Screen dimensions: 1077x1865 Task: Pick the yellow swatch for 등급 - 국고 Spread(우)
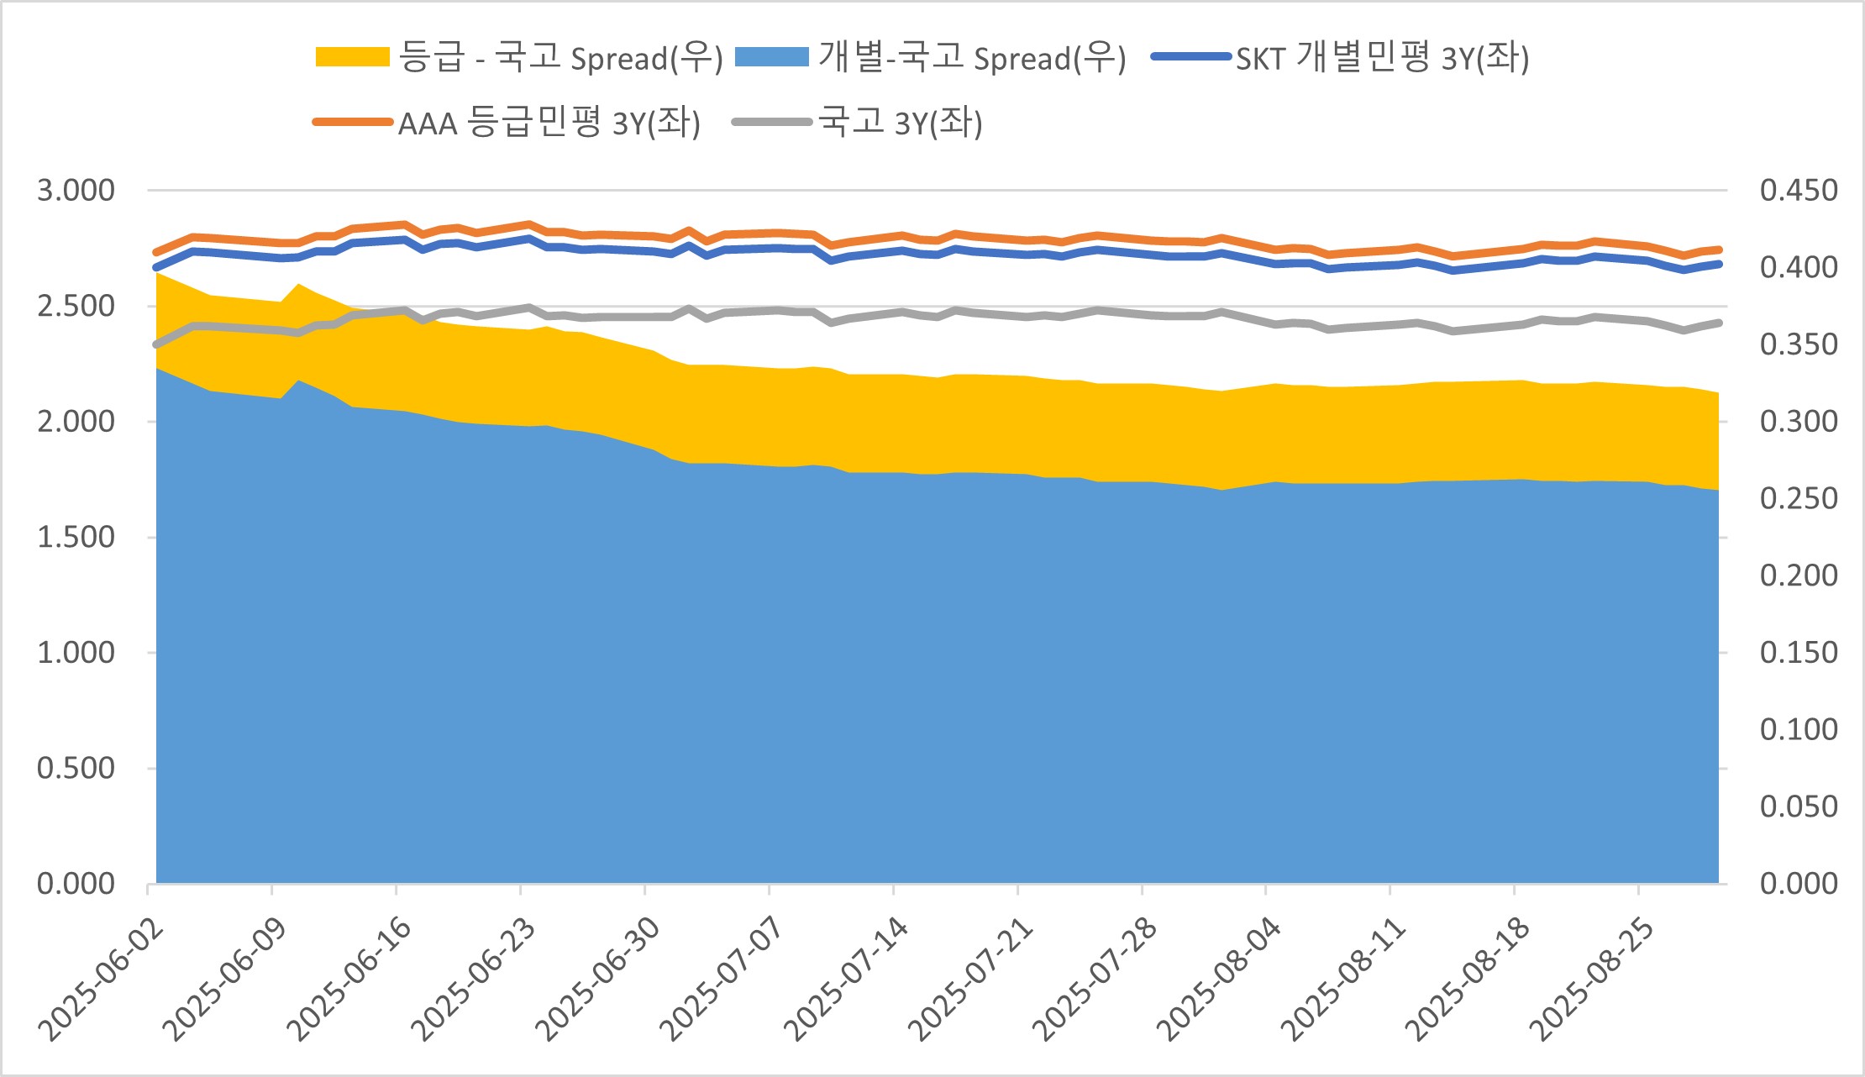click(x=352, y=57)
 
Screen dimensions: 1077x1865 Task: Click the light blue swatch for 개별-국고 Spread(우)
click(x=771, y=57)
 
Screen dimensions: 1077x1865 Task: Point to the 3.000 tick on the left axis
click(x=76, y=190)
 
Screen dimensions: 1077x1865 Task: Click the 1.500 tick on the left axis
click(x=76, y=537)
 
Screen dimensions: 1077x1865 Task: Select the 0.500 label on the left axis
click(x=76, y=768)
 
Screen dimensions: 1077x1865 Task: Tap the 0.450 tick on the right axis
click(x=1799, y=190)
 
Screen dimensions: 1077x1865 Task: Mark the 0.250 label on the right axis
click(x=1799, y=498)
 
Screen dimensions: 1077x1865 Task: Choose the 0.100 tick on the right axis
click(x=1799, y=729)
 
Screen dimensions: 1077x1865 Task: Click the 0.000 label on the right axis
click(x=1799, y=883)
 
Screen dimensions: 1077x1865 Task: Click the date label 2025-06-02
click(x=101, y=980)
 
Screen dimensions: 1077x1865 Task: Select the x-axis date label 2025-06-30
click(x=597, y=980)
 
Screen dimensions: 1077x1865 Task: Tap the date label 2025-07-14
click(x=846, y=980)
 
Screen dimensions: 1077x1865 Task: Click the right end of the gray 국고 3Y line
click(x=1719, y=323)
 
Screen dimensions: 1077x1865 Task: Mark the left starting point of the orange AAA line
click(x=156, y=252)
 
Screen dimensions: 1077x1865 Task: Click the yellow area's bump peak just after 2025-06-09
click(x=298, y=285)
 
